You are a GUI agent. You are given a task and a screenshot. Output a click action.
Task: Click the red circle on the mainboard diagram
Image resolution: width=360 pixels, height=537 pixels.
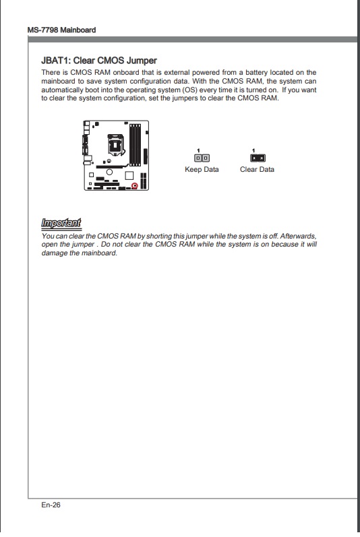(135, 185)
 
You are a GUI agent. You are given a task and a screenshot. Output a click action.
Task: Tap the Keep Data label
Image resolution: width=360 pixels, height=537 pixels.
(202, 169)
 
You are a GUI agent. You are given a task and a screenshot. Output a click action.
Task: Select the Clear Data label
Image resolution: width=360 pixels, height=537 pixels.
(257, 169)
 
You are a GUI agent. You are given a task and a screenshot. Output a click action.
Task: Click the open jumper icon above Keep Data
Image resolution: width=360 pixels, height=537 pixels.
(202, 158)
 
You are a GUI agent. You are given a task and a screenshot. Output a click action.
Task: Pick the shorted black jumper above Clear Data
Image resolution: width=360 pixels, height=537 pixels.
(258, 158)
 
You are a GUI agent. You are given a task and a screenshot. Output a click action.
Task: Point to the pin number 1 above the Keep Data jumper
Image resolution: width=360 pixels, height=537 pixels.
(198, 150)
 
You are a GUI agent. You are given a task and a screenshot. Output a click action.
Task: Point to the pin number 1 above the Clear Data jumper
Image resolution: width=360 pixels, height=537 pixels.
(253, 150)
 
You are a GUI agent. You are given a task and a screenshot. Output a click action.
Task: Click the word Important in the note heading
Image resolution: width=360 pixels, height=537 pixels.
(61, 223)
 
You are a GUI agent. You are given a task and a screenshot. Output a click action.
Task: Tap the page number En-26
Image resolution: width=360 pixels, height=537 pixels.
(51, 505)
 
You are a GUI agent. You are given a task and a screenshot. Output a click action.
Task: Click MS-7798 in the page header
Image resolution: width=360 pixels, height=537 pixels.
(43, 30)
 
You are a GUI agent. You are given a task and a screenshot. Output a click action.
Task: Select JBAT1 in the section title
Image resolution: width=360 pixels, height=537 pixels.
(56, 61)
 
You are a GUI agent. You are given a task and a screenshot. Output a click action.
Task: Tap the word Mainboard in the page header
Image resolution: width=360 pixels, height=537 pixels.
(78, 30)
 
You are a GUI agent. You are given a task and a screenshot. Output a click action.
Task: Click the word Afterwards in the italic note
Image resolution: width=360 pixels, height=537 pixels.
(298, 236)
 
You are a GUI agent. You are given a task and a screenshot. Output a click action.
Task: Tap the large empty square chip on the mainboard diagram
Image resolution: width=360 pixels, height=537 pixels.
(129, 175)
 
